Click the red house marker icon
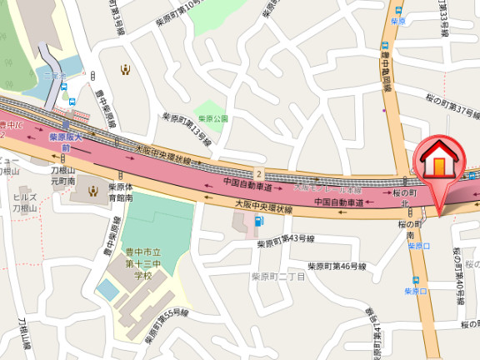point(436,160)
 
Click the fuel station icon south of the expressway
point(258,221)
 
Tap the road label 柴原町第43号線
point(285,242)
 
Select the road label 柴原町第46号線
point(337,267)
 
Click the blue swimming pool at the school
point(107,290)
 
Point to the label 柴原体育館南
point(121,192)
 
